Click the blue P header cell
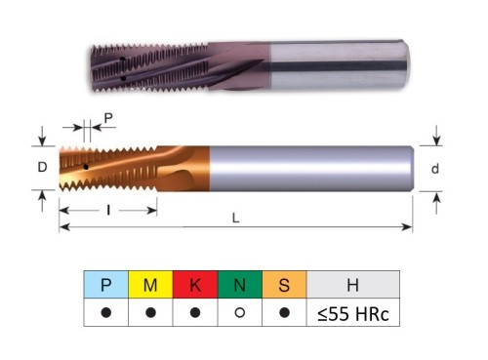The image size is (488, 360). (x=106, y=284)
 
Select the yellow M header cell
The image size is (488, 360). (x=150, y=284)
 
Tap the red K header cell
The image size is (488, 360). (x=195, y=284)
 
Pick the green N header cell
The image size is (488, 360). (x=240, y=284)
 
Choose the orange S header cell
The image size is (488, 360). (x=284, y=284)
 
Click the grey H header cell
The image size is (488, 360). (x=353, y=284)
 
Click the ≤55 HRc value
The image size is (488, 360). (x=353, y=314)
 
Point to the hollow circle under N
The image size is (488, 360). (x=240, y=312)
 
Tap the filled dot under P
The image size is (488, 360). (x=106, y=312)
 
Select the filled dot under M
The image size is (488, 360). (x=150, y=312)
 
